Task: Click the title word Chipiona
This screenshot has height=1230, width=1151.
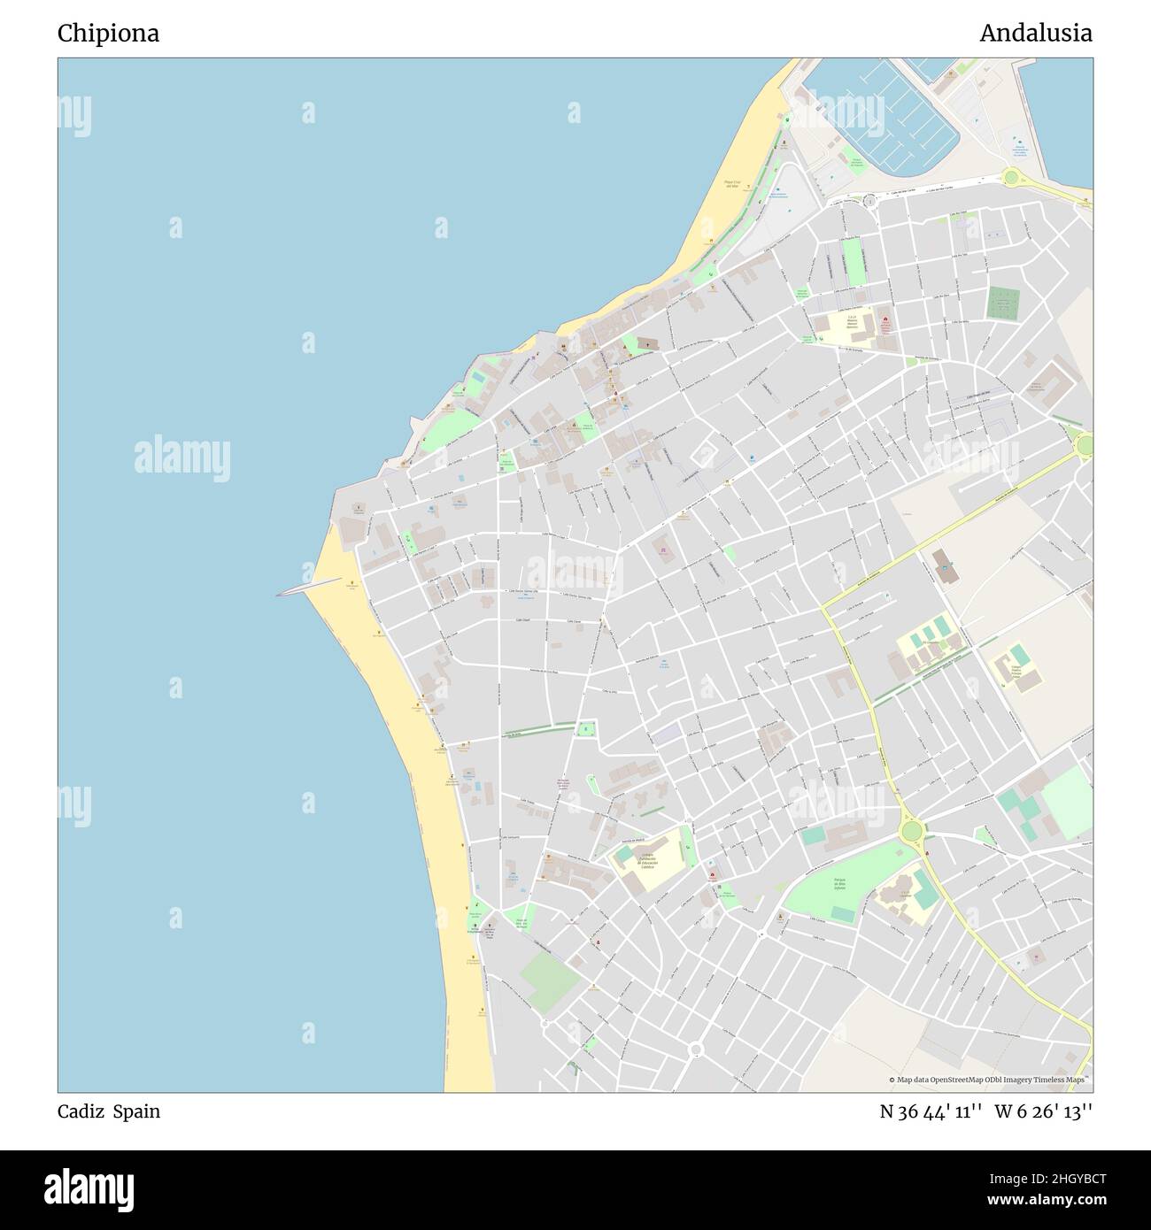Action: point(108,34)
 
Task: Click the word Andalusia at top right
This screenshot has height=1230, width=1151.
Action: point(1035,34)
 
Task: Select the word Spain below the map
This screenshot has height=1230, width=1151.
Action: point(136,1111)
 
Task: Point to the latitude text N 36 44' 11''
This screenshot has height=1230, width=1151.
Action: point(931,1111)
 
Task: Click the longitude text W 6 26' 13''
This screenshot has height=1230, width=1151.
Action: point(1043,1111)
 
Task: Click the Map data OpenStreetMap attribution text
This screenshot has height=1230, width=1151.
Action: point(989,1080)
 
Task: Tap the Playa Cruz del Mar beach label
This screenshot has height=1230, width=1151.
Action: point(731,184)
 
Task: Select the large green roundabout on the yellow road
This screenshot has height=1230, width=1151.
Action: point(909,831)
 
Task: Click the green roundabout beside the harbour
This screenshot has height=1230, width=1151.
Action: point(1010,177)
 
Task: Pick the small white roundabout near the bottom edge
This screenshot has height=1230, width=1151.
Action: point(696,1049)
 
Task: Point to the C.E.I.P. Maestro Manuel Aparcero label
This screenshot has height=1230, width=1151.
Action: point(852,324)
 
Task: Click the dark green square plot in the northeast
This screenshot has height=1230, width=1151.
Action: point(1003,303)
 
